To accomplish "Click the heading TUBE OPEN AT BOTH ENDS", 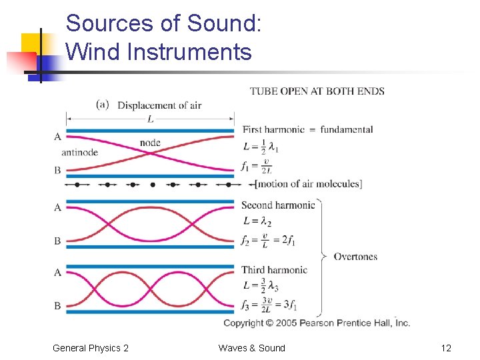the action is pyautogui.click(x=317, y=91).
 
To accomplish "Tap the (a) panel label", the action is pyautogui.click(x=103, y=104).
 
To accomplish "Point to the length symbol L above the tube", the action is pyautogui.click(x=150, y=118).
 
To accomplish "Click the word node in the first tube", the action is pyautogui.click(x=150, y=143).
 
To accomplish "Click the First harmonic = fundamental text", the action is pyautogui.click(x=307, y=129).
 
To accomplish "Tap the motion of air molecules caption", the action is pyautogui.click(x=308, y=184).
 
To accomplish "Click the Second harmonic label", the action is pyautogui.click(x=277, y=205).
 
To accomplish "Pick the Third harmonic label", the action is pyautogui.click(x=274, y=270).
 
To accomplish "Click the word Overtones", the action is pyautogui.click(x=355, y=256).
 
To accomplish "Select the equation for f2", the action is pyautogui.click(x=268, y=240).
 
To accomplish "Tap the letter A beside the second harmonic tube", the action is pyautogui.click(x=58, y=207).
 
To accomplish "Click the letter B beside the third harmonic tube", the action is pyautogui.click(x=58, y=306).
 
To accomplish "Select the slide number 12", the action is pyautogui.click(x=446, y=348).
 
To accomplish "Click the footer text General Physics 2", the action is pyautogui.click(x=91, y=348).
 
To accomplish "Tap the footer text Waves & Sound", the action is pyautogui.click(x=251, y=348).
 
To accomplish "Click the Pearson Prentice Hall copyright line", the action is pyautogui.click(x=317, y=323).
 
